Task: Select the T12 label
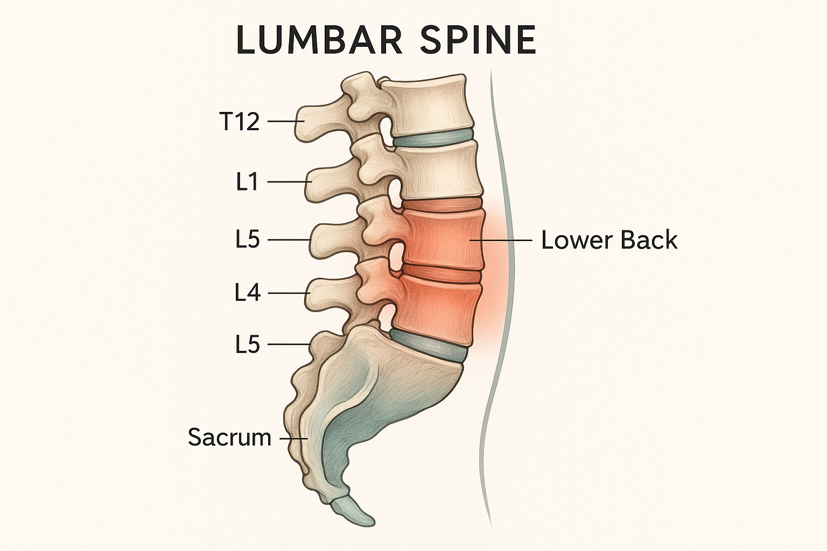point(240,122)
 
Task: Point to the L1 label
point(248,183)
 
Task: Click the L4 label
point(248,293)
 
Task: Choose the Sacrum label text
point(229,437)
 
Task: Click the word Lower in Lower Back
point(573,240)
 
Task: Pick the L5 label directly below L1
point(248,240)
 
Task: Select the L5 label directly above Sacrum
point(248,344)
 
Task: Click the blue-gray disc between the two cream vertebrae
point(433,138)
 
